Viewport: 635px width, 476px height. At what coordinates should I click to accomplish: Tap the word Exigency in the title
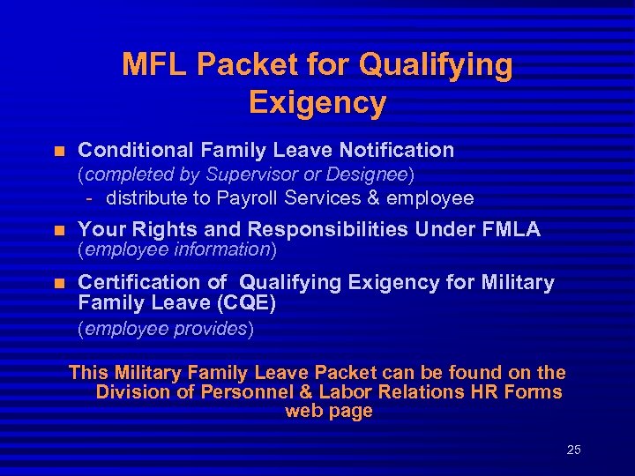(317, 102)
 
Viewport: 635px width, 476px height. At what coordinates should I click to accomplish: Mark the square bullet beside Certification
(60, 284)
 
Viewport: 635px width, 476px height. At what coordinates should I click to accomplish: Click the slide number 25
(573, 450)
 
